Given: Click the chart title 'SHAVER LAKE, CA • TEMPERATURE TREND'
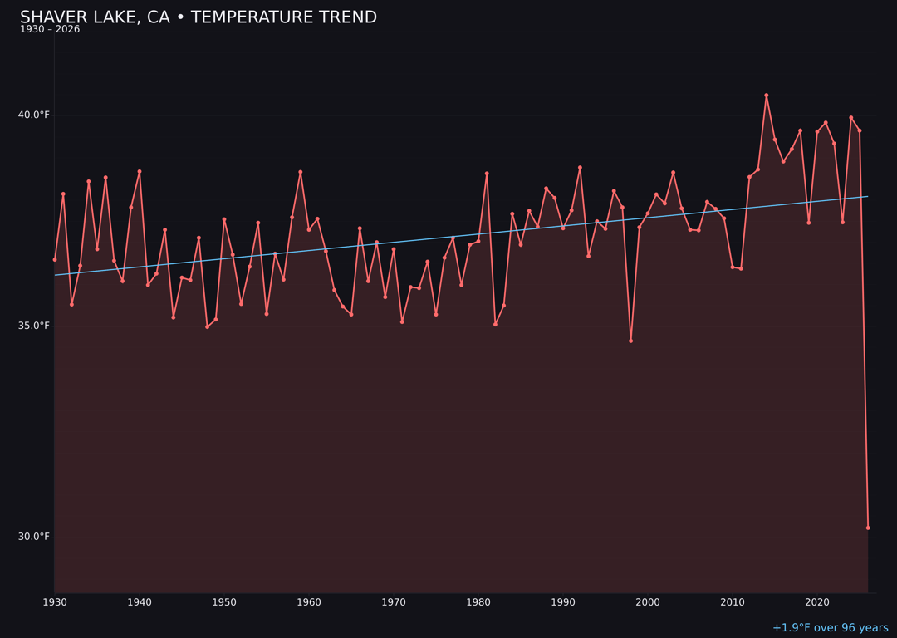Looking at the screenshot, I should [198, 17].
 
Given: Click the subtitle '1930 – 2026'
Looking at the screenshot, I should [50, 30].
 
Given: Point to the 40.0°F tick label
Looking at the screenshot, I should [35, 115].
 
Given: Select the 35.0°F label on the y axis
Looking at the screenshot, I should [35, 326].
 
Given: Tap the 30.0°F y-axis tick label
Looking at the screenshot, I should [35, 537].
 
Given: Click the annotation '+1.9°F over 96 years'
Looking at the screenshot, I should [830, 628].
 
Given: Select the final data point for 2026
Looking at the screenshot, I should [868, 528].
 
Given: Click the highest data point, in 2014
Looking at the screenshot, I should [767, 96].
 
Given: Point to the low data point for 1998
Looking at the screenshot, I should [630, 341].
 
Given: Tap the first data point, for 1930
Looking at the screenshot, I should [55, 259].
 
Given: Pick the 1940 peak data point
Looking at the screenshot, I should [140, 171].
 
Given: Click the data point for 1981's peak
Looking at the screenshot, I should [487, 174].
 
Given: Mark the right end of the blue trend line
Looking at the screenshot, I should [868, 197].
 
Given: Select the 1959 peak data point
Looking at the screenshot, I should [301, 172].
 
